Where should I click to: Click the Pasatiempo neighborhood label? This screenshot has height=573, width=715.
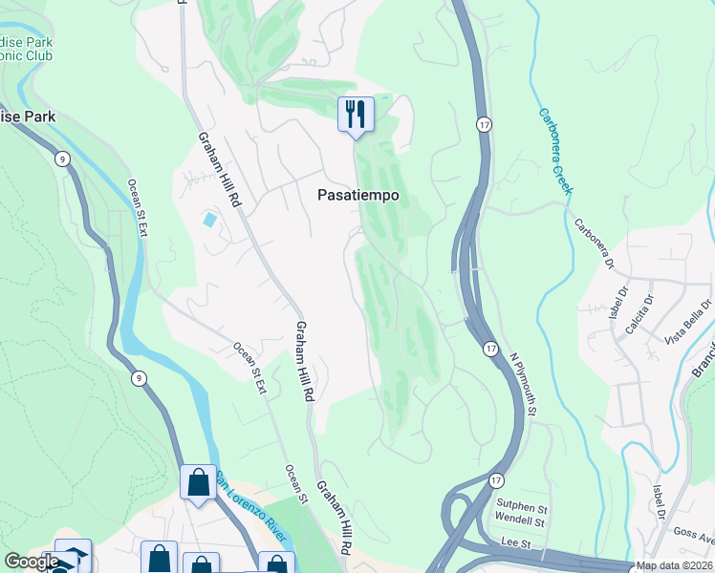coord(357,195)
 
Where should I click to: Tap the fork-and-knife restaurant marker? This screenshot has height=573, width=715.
coord(356,116)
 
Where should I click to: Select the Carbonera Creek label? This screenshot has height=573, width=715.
coord(554,151)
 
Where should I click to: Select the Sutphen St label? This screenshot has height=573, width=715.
coord(520,507)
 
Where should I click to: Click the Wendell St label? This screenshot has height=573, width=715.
coord(520,522)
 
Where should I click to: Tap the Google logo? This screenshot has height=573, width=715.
coord(31,562)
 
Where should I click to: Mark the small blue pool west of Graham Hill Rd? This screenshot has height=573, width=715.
coord(209,220)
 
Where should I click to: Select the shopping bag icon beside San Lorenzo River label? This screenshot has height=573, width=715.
coord(198,483)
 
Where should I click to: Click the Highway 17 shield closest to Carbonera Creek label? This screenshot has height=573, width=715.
coord(485,125)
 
